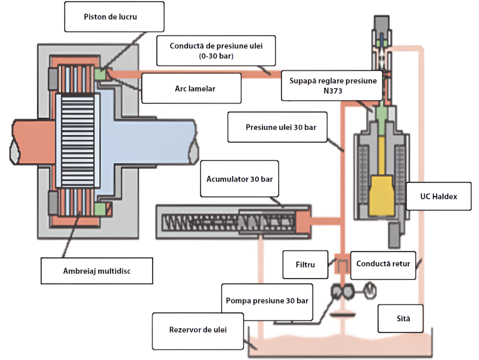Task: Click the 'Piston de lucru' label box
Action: coord(115,17)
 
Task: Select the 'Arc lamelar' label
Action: coord(191,88)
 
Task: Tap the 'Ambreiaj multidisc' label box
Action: coord(97,271)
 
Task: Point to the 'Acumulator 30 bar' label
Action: coord(239,179)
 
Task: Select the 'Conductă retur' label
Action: coord(383,264)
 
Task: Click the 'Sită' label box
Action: coord(400,318)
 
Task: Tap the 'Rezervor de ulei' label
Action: coord(197,330)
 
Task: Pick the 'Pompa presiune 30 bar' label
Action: coord(267,301)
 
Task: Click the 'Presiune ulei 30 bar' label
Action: coord(279,127)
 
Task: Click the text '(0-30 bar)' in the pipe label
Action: coord(216,57)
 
